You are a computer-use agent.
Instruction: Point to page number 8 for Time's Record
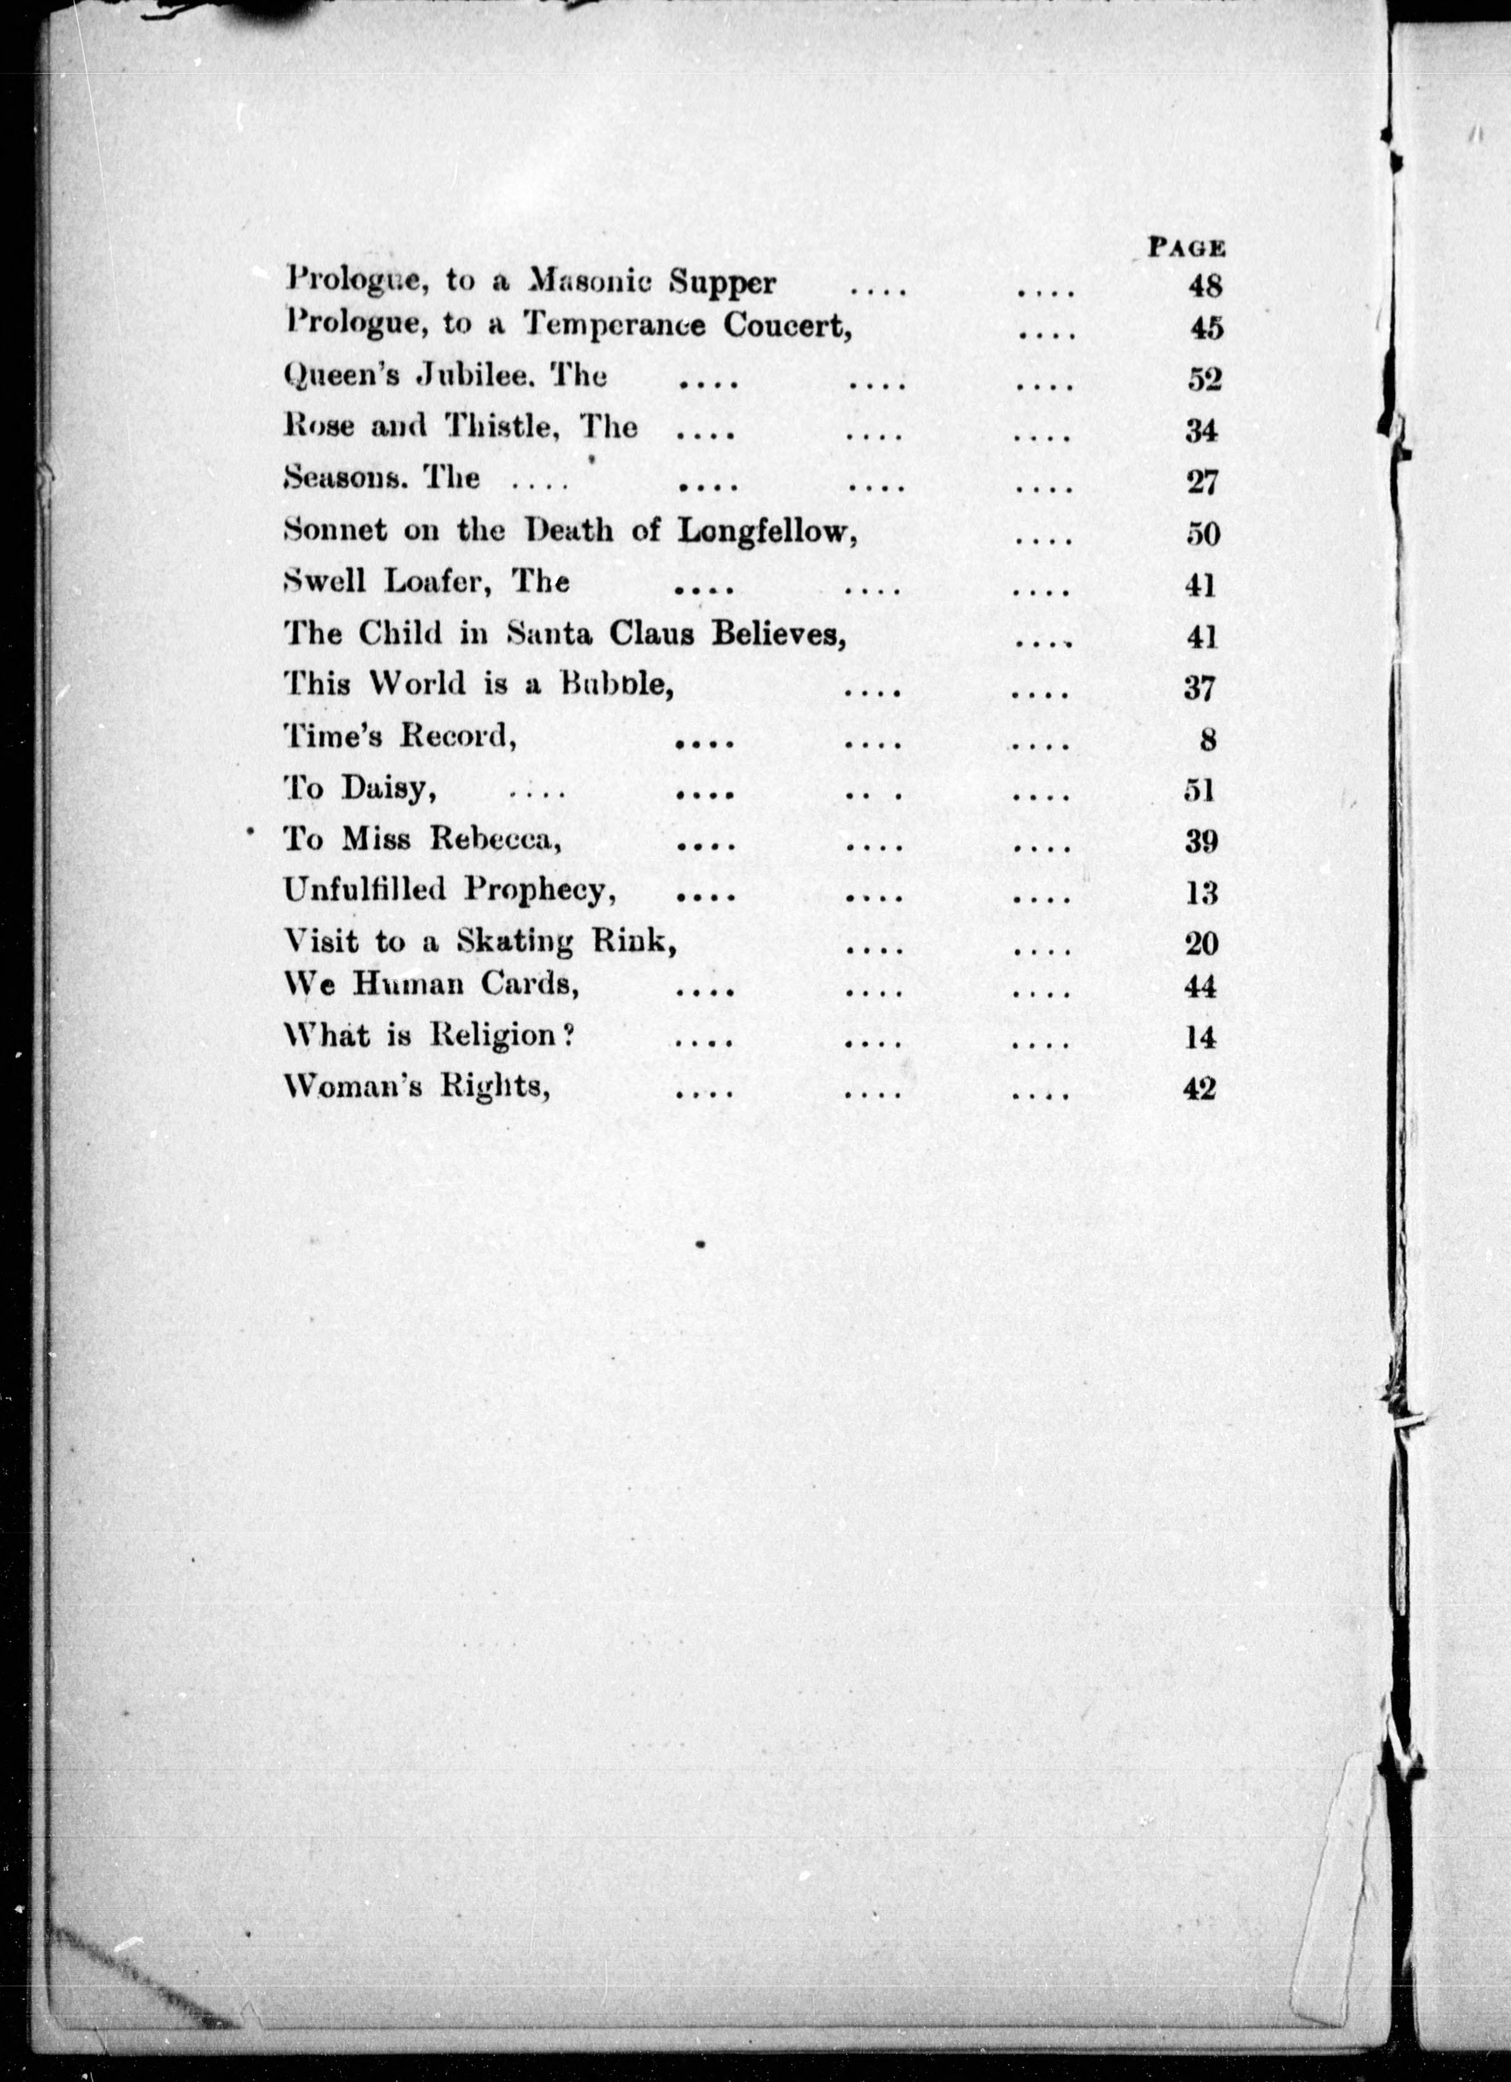click(1208, 739)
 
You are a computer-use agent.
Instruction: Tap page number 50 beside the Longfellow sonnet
click(1203, 533)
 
